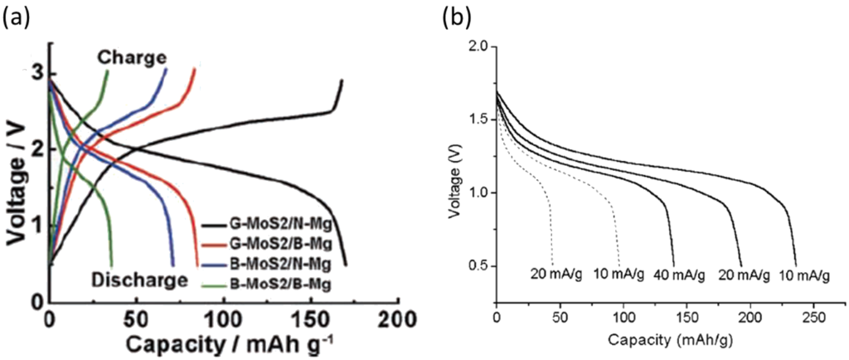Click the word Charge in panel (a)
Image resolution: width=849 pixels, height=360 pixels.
[x=132, y=57]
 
